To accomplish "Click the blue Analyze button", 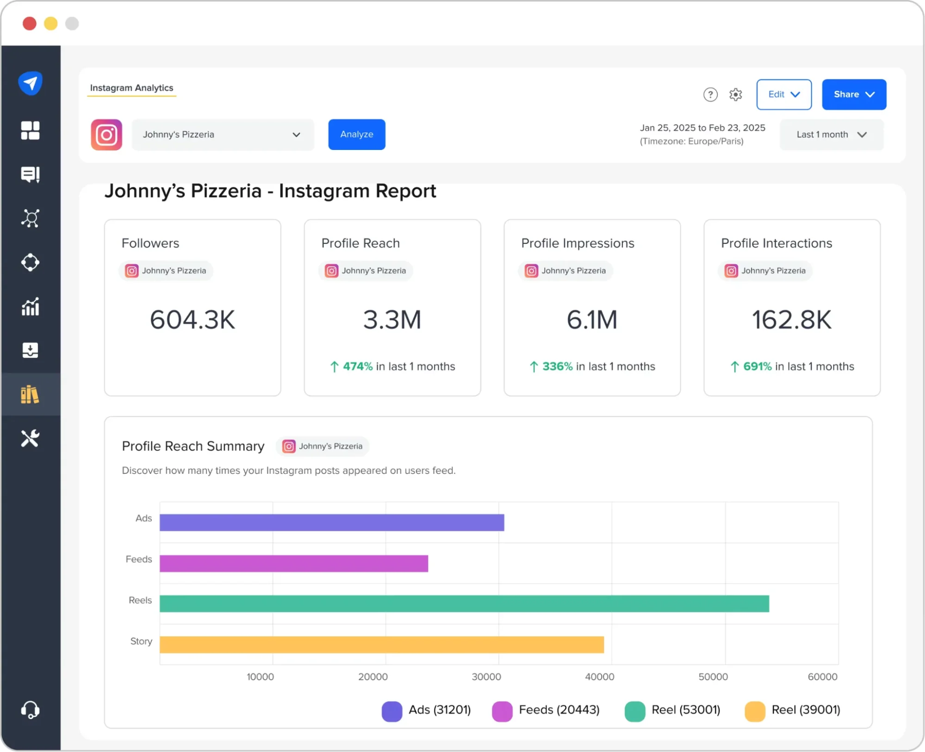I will [x=356, y=134].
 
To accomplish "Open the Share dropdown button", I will [x=854, y=94].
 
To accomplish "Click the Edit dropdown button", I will [x=783, y=94].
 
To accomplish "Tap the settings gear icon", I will [x=735, y=94].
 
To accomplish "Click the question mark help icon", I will [x=710, y=94].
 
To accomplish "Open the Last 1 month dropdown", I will [x=831, y=135].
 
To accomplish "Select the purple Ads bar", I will [x=331, y=522].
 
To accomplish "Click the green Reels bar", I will [x=464, y=604].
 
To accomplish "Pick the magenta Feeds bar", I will [x=293, y=563].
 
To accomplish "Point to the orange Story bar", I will [x=381, y=645].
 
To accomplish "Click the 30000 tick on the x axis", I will [x=486, y=677].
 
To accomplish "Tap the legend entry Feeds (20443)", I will [x=546, y=710].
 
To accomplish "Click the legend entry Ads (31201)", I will [x=426, y=710].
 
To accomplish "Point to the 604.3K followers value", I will [x=192, y=320].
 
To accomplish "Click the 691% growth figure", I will [x=757, y=367].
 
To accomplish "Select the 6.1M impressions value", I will [x=592, y=320].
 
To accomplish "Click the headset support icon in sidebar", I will [x=30, y=709].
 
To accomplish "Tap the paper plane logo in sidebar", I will [x=30, y=83].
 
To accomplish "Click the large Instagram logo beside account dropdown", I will [x=106, y=135].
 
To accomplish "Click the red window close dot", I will [x=30, y=24].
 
